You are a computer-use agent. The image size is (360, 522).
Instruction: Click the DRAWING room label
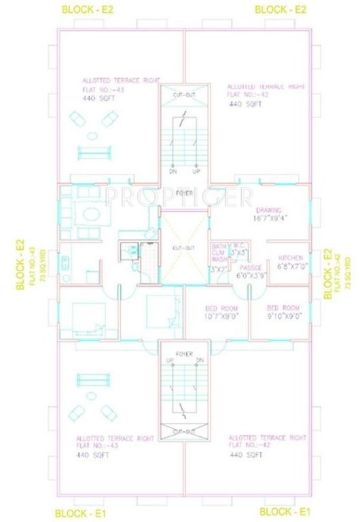click(x=268, y=211)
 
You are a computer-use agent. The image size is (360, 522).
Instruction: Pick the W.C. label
click(x=238, y=245)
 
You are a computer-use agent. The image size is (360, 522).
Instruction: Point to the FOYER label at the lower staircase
click(x=183, y=353)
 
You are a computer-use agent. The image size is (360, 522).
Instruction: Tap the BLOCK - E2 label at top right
click(x=281, y=9)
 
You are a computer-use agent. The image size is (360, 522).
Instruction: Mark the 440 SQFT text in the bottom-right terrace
click(x=244, y=455)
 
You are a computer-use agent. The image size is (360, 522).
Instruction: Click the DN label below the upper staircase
click(x=173, y=171)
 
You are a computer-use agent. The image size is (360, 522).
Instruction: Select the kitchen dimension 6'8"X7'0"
click(x=293, y=267)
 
